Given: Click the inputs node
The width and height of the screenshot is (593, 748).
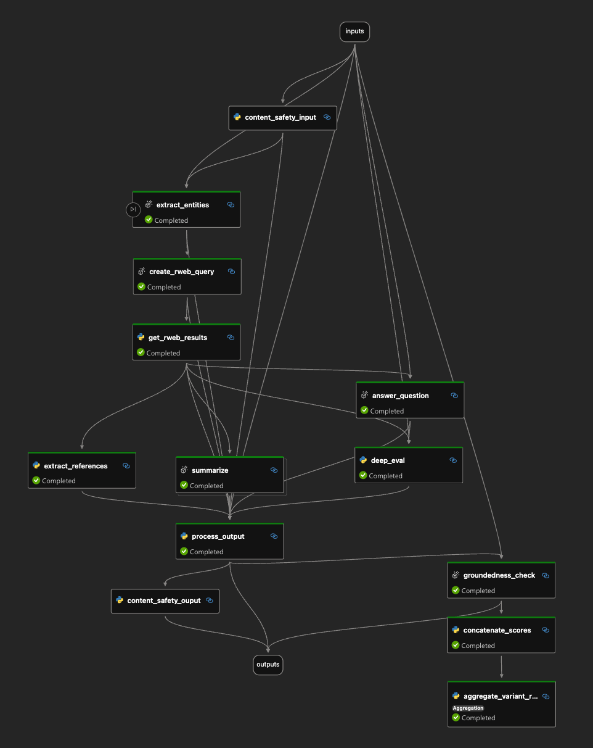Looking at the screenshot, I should pos(354,31).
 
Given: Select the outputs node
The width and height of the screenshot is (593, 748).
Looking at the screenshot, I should pos(268,665).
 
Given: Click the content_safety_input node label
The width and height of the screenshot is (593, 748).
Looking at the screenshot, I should pos(280,117).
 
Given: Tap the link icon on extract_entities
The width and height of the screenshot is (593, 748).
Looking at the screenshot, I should pos(231,205).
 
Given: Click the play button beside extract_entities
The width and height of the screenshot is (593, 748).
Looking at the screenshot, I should pos(133,210).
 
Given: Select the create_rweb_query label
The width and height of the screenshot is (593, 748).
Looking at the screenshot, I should pos(181,272).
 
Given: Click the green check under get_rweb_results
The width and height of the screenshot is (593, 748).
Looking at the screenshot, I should pos(141,352).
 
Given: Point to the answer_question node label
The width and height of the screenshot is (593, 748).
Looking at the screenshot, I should pos(400,396).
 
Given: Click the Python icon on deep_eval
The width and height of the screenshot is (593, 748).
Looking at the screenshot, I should pos(363,460).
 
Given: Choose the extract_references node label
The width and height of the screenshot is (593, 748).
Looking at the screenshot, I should pos(76,466).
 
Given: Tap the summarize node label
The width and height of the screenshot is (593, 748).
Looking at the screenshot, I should pos(210,470).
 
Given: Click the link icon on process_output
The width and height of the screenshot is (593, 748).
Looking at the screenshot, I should pos(274,536).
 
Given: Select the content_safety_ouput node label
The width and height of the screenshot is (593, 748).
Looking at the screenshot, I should pos(164,600).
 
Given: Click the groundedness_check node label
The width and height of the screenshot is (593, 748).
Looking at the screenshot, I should pos(499,575).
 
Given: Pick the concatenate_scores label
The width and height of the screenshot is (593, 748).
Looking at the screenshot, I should pos(497,630).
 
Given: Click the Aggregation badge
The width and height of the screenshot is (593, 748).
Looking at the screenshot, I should pos(468,708).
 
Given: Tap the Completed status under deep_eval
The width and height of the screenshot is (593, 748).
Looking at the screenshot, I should pos(385,476).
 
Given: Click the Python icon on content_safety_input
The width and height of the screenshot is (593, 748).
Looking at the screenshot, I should pos(237,117).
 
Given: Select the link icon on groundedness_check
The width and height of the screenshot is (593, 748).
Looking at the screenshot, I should pos(546,575).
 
